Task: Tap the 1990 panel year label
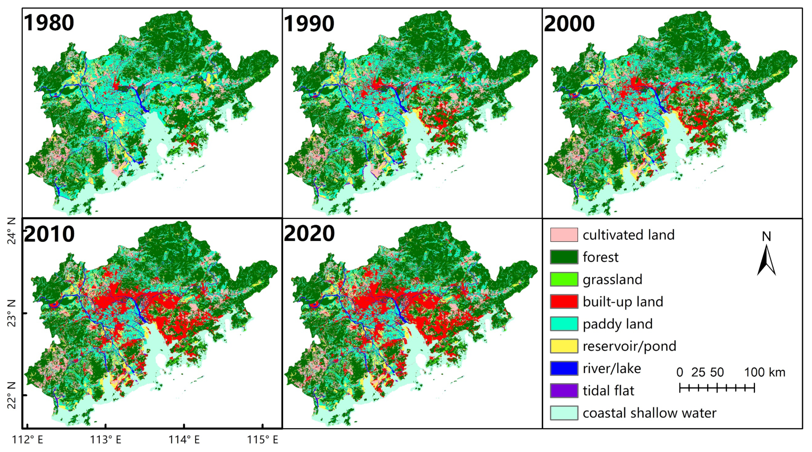309,23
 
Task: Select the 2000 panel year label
569,23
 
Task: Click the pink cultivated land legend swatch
564,235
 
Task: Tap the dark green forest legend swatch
564,257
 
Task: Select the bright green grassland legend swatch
564,279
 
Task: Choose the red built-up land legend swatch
564,302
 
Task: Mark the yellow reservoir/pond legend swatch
564,346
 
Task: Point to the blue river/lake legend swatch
564,368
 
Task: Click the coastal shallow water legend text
649,413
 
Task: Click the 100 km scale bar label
765,373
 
